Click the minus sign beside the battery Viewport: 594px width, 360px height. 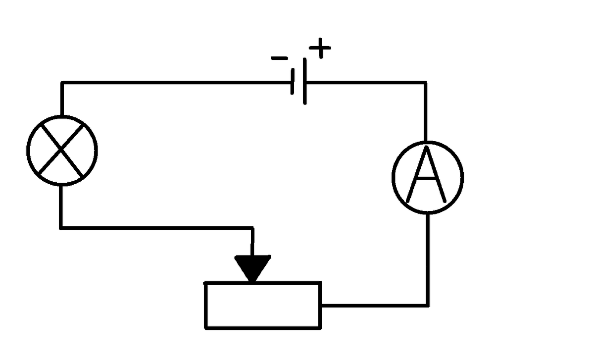279,58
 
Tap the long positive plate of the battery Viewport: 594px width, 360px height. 305,82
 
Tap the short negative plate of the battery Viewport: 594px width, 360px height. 293,82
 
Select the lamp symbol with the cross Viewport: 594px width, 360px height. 62,151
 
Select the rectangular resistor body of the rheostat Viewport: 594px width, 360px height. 263,305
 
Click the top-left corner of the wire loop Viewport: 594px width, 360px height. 61,82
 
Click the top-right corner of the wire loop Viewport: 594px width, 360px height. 425,82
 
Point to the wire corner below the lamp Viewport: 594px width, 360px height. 61,228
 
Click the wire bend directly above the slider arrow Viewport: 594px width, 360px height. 252,228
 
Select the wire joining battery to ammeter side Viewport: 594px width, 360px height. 366,82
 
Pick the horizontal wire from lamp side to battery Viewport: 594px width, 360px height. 173,82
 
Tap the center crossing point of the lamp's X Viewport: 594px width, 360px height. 62,151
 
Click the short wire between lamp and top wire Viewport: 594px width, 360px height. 61,99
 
